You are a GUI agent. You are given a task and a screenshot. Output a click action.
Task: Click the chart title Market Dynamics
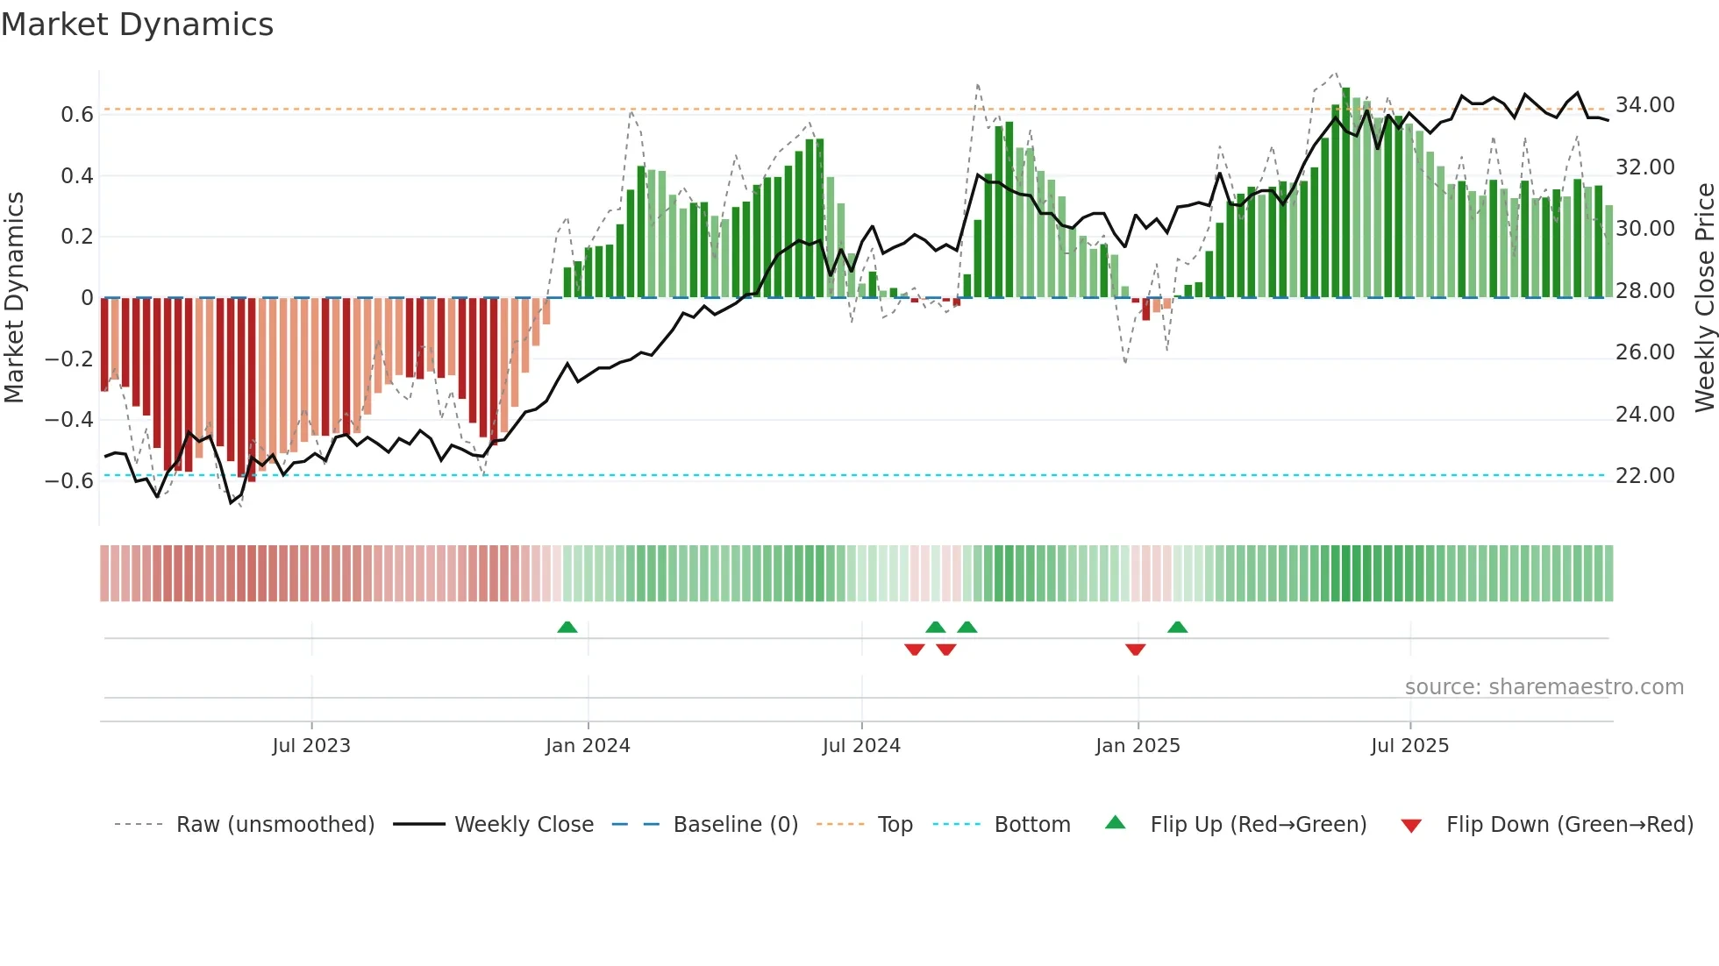(x=137, y=25)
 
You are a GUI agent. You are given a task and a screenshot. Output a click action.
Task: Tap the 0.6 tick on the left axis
(x=76, y=115)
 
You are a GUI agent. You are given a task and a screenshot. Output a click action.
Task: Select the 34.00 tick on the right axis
(x=1644, y=105)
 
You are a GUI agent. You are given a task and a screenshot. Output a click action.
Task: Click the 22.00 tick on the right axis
(x=1644, y=476)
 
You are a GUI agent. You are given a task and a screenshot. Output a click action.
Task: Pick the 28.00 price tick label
(x=1644, y=291)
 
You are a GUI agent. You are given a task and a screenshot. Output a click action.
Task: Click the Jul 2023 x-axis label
(x=310, y=746)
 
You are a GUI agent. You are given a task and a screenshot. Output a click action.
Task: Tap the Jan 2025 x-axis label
(x=1138, y=746)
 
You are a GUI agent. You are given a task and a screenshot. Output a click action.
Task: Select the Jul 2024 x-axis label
(x=861, y=746)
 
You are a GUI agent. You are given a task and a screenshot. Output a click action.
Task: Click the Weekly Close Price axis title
(x=1704, y=298)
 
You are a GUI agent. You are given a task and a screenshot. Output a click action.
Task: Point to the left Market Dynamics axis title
(x=14, y=298)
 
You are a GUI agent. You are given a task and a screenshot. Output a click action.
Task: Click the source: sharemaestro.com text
(x=1544, y=687)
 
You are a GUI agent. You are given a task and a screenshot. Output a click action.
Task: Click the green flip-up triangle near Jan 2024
(x=567, y=628)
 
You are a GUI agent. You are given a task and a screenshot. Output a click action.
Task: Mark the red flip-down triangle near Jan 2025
(x=1135, y=650)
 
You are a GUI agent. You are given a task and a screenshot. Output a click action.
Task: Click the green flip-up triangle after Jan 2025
(x=1177, y=628)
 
